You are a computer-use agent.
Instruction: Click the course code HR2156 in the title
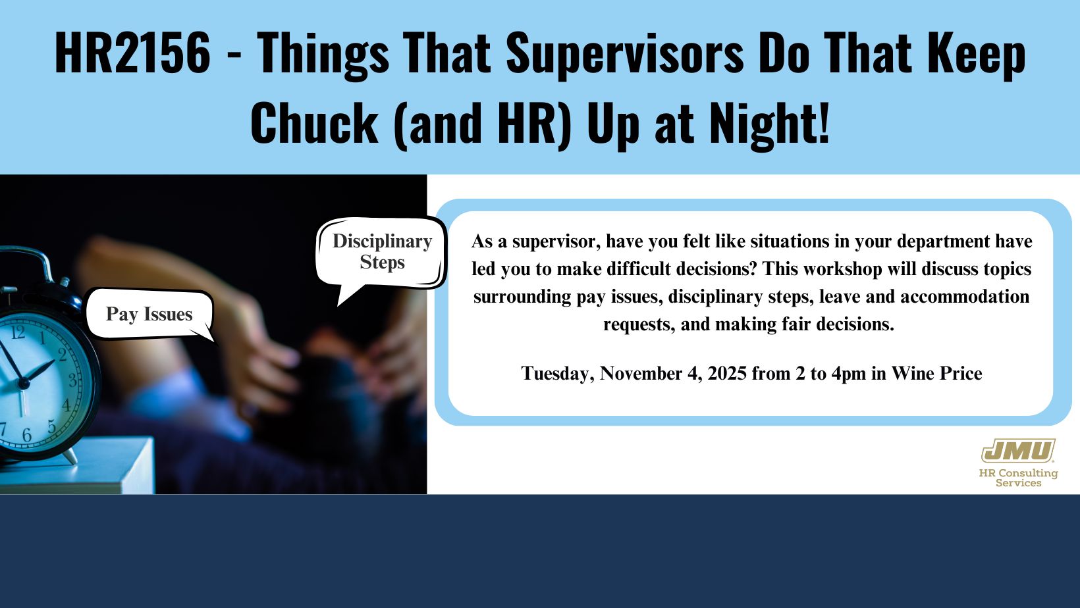point(132,52)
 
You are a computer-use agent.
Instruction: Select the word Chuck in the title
point(314,122)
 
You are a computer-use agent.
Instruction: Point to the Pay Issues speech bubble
point(149,314)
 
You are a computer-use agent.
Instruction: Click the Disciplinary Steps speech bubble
point(381,253)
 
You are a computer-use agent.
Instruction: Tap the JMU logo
point(1018,451)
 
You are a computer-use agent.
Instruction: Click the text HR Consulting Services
point(1018,478)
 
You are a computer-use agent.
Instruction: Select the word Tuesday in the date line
point(558,374)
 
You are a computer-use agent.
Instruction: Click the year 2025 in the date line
point(727,373)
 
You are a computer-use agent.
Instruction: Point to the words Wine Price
point(936,373)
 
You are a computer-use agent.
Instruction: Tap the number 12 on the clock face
point(18,332)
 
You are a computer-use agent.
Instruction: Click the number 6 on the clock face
point(26,435)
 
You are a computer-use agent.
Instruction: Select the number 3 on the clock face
point(73,380)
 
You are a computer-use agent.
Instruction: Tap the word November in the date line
point(641,373)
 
